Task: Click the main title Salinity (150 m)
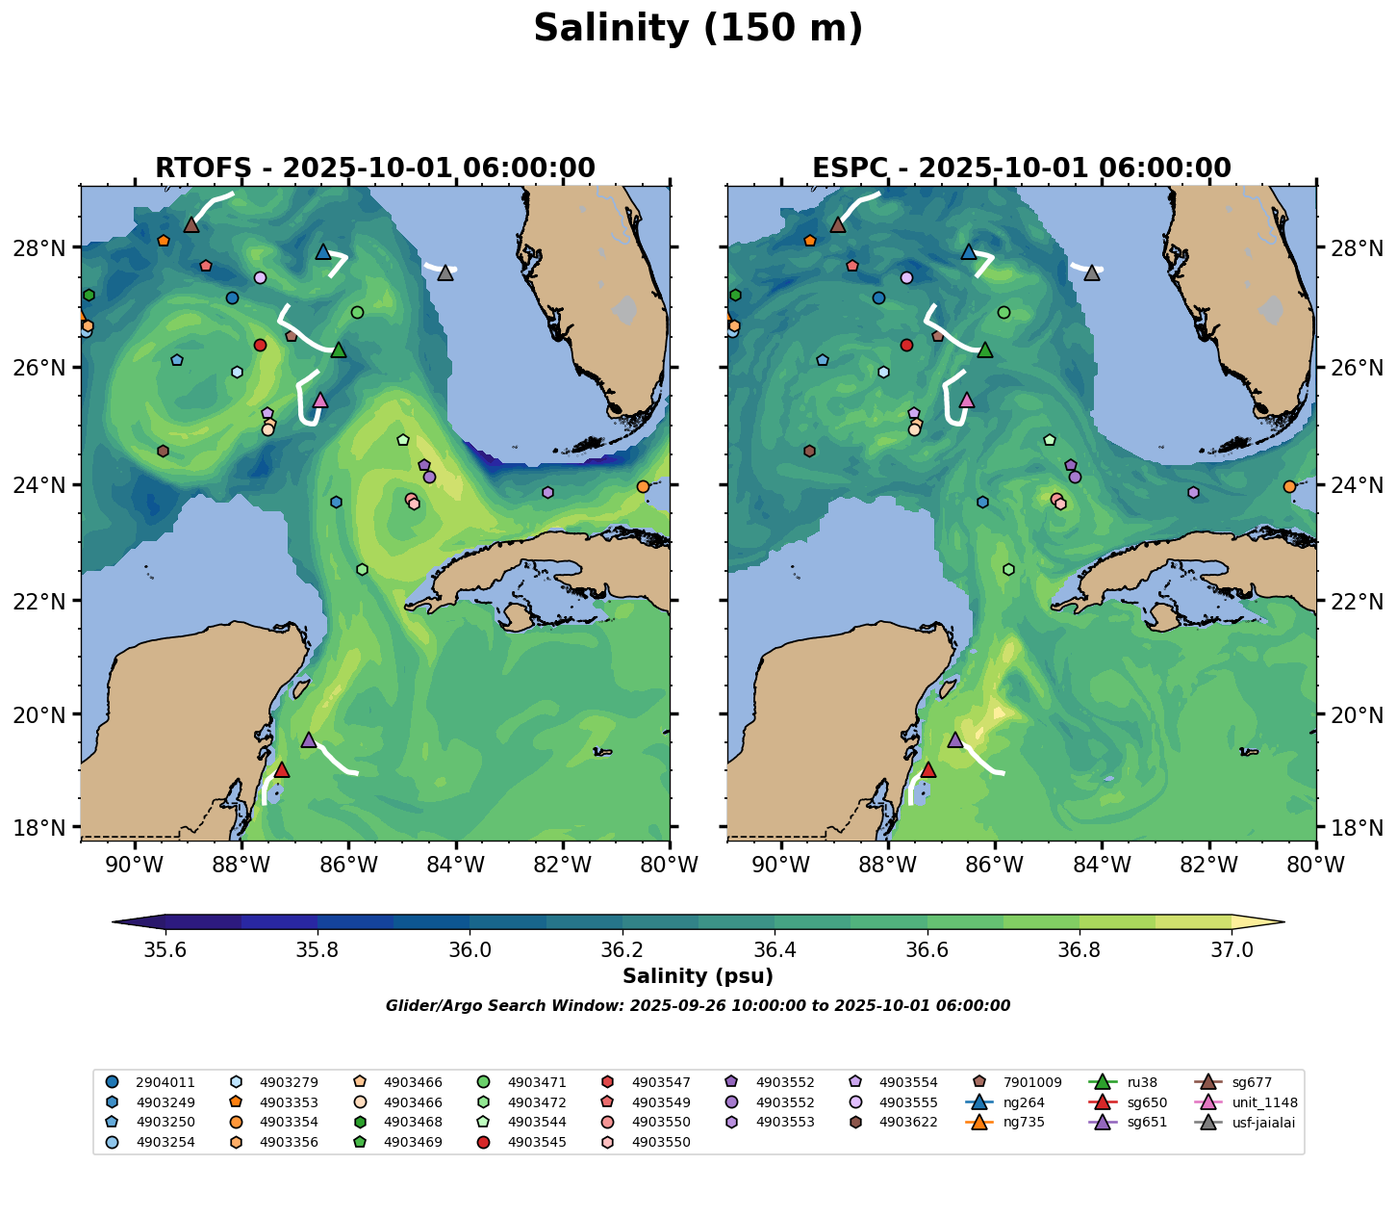coord(698,29)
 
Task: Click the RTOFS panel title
coord(375,168)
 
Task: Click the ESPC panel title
coord(1021,168)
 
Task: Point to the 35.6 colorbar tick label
coord(165,949)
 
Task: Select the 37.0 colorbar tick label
coord(1232,949)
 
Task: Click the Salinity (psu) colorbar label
coord(698,976)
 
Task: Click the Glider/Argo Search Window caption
coord(698,1006)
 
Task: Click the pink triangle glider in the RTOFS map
coord(320,400)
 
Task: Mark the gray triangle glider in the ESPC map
coord(1092,272)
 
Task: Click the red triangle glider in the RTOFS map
coord(281,769)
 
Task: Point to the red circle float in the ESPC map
coord(906,345)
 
